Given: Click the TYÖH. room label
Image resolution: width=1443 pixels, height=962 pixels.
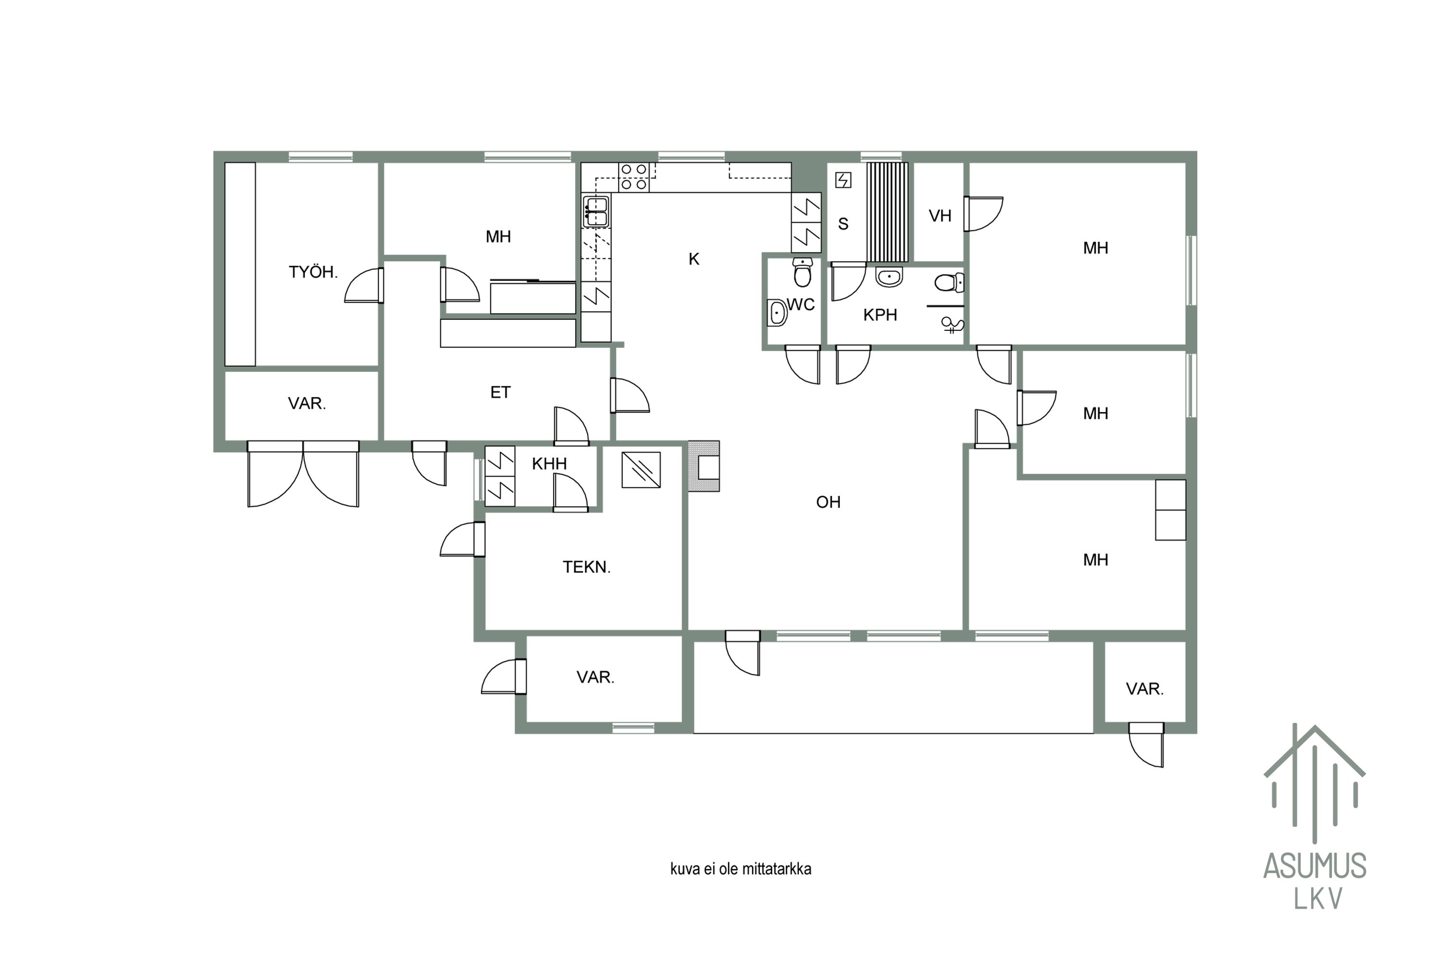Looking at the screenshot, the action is click(x=313, y=272).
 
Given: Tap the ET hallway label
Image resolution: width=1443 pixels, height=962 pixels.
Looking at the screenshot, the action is click(x=500, y=392).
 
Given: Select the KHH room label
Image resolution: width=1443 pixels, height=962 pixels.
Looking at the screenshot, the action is click(x=549, y=464).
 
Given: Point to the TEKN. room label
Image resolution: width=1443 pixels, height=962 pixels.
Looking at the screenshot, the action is click(x=586, y=567).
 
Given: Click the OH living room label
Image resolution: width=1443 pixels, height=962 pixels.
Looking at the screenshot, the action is click(x=828, y=502).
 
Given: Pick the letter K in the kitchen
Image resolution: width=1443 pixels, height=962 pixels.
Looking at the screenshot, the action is click(x=694, y=259).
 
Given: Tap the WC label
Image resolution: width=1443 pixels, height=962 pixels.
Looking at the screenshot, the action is click(x=801, y=304).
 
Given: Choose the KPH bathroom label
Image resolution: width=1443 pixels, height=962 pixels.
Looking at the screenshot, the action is click(x=880, y=315).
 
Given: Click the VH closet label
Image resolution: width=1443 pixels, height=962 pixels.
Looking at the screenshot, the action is click(x=939, y=216).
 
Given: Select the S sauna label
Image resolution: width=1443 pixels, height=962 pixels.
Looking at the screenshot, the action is click(x=843, y=224).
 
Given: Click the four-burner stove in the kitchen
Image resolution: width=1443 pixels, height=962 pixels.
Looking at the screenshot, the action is click(x=634, y=177).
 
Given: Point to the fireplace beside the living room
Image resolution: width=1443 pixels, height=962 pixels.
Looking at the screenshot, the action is click(x=704, y=466).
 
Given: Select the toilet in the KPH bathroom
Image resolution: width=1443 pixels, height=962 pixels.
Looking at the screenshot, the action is click(x=949, y=282).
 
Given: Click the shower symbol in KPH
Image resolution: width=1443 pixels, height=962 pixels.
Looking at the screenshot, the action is click(x=952, y=325).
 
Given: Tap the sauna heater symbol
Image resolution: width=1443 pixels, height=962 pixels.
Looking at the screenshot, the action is click(x=843, y=180).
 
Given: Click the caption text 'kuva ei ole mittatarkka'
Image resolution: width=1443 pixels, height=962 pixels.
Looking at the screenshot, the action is click(x=741, y=869).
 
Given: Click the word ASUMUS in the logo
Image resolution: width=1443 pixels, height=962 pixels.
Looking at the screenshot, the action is click(x=1315, y=866).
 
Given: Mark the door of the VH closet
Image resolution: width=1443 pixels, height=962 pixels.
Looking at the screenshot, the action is click(x=983, y=214).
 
